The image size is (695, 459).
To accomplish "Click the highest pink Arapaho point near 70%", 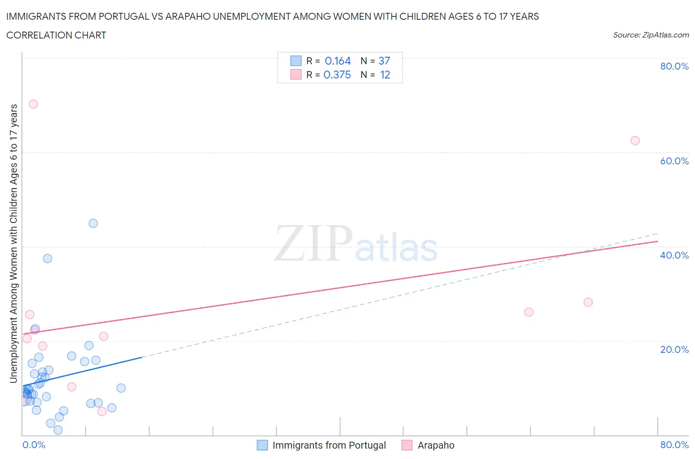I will [x=33, y=104].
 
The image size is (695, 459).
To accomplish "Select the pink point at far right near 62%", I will [x=635, y=141].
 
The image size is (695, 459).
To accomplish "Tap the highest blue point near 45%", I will [x=93, y=223].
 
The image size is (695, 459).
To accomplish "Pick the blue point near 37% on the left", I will [x=47, y=258].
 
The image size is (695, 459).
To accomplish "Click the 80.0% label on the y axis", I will [x=674, y=66].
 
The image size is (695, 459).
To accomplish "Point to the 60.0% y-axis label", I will [x=674, y=161].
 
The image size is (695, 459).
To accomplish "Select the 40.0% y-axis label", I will [x=674, y=255].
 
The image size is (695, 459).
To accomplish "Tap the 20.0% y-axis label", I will [x=674, y=349].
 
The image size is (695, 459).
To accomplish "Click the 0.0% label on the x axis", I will [x=34, y=445].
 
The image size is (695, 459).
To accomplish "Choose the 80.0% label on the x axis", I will [x=674, y=445].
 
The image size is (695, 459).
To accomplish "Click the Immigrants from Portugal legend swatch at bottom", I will [x=262, y=445].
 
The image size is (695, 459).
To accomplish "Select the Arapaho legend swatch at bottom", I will [x=407, y=445].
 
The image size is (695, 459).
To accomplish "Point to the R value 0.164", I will [x=338, y=61].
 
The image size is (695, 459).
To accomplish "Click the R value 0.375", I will [x=337, y=75].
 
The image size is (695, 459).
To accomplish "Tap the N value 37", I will [x=384, y=61].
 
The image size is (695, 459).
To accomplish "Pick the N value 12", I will [x=385, y=75].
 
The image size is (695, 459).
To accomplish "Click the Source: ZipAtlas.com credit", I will [x=651, y=35].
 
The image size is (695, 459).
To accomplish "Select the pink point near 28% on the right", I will [x=588, y=302].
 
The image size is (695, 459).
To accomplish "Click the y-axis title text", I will [x=13, y=243].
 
